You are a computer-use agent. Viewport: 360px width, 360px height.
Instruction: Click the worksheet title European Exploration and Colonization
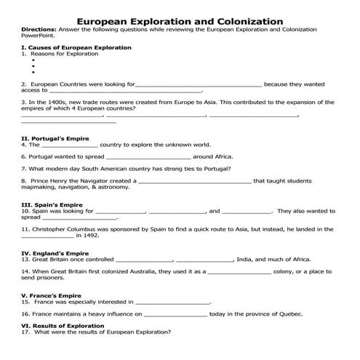coord(180,22)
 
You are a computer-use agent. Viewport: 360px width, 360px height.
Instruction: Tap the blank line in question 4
coord(64,145)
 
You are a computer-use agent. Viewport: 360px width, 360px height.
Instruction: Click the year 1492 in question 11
coord(92,236)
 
